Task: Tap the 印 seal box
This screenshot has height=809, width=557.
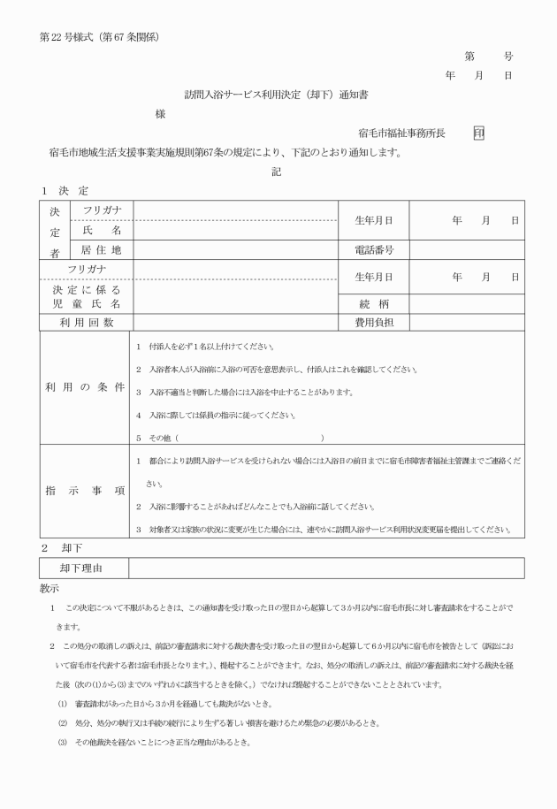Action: [x=478, y=133]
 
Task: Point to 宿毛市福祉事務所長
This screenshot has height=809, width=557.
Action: [x=401, y=133]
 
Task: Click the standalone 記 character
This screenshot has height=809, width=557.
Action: [x=277, y=172]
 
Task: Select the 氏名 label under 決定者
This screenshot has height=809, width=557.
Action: [x=101, y=230]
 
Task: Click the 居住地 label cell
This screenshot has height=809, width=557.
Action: [x=101, y=250]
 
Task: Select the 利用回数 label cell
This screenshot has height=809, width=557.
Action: [x=87, y=323]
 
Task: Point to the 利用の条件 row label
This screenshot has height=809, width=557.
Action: [x=87, y=389]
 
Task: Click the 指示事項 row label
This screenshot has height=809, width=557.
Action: [x=87, y=490]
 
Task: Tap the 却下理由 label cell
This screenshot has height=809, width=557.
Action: [x=87, y=568]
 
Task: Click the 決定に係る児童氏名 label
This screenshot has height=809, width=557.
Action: [x=87, y=296]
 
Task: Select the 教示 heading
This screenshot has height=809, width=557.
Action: [x=50, y=587]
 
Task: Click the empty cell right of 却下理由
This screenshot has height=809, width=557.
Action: [x=326, y=568]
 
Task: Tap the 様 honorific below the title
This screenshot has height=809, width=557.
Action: [x=160, y=114]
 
